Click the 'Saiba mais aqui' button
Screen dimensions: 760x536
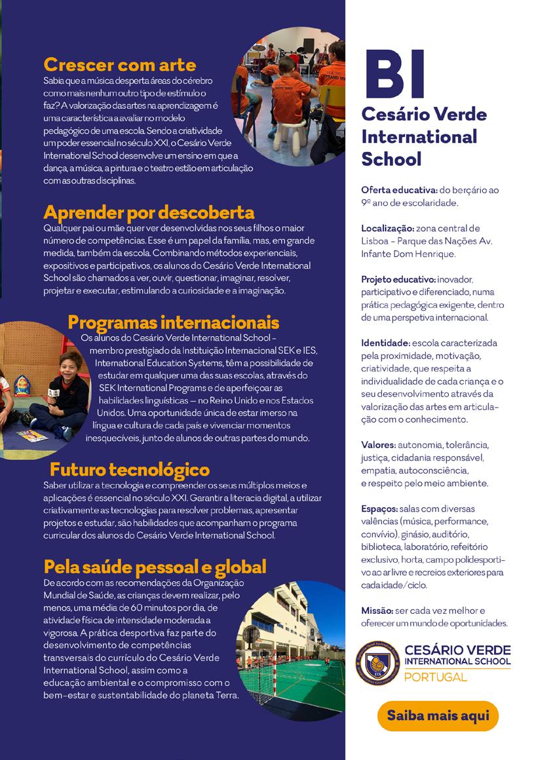tap(438, 715)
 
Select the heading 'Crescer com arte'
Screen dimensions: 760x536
tap(119, 65)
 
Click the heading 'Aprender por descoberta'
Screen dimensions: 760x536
tap(149, 212)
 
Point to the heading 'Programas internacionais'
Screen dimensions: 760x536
tap(174, 322)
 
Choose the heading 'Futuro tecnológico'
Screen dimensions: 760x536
tap(130, 469)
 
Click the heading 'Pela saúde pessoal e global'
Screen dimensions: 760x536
tap(155, 566)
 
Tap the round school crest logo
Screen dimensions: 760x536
tap(377, 662)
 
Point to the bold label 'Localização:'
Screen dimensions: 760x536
tap(387, 228)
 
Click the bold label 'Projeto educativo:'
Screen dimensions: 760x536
tap(397, 279)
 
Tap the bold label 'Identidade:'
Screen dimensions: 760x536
tap(385, 343)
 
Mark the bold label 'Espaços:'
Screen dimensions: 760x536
tap(379, 508)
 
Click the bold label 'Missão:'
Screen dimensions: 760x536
tap(377, 611)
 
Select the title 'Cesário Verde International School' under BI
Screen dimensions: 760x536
tap(424, 136)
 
